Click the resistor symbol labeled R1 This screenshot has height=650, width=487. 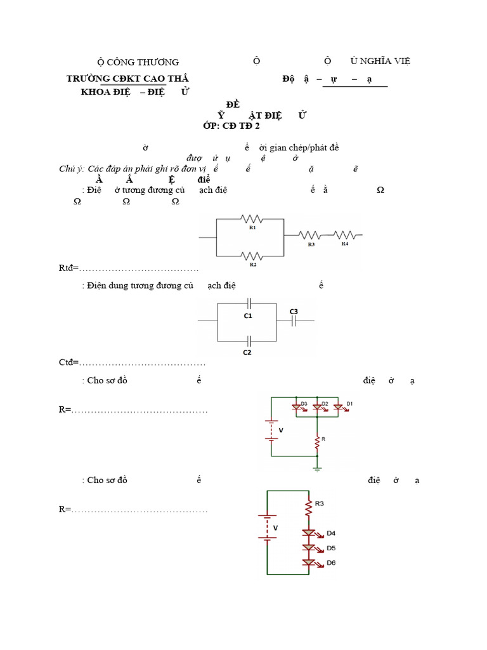click(252, 218)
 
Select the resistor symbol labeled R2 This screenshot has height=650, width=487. click(252, 256)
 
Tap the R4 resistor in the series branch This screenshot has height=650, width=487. click(344, 234)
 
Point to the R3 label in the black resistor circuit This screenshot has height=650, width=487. click(311, 244)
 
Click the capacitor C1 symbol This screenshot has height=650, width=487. click(249, 303)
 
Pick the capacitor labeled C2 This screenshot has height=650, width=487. click(249, 339)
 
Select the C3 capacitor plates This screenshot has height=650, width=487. click(294, 321)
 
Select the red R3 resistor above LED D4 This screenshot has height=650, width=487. click(308, 507)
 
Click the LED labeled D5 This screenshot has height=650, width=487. click(309, 547)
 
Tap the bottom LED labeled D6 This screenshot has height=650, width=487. click(309, 562)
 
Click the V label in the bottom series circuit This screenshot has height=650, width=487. click(275, 527)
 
